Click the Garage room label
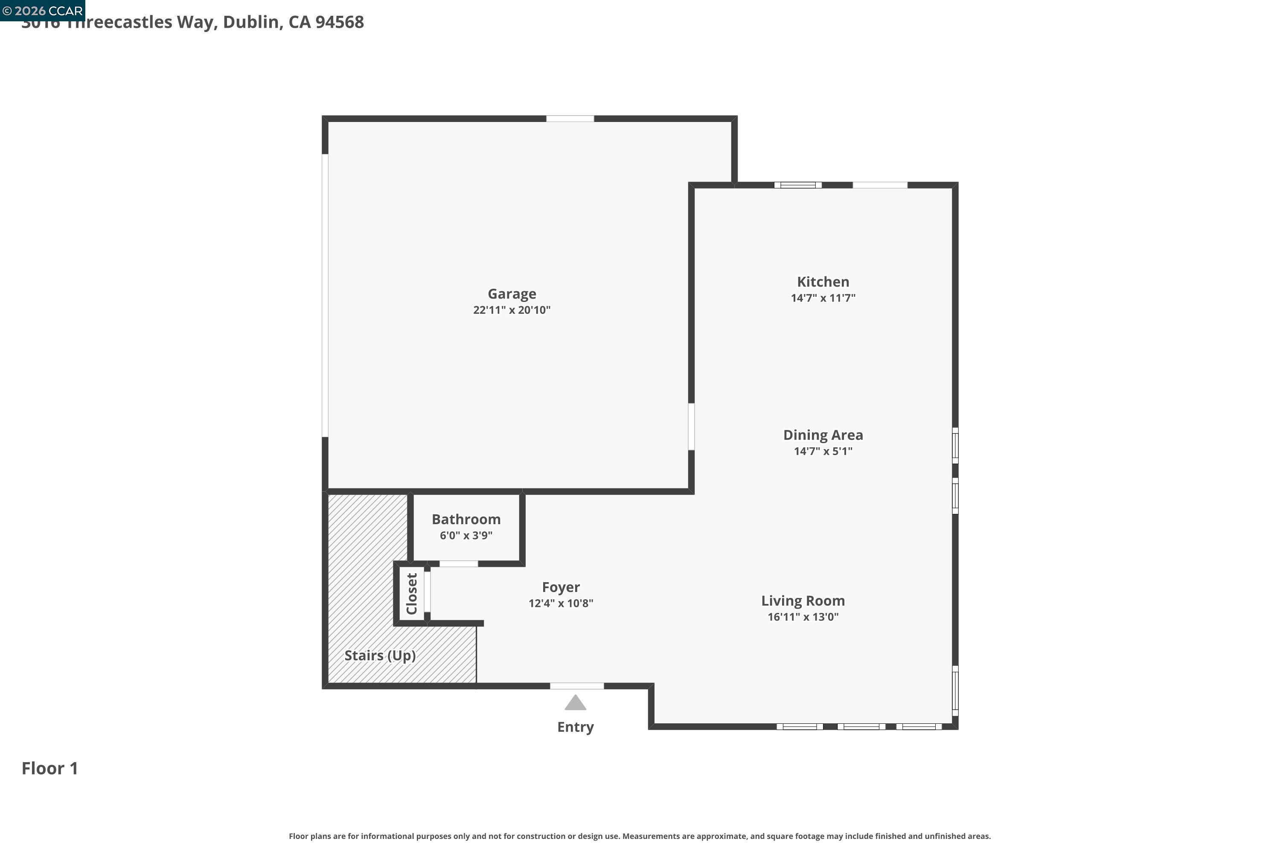point(512,294)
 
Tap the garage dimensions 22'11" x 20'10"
point(512,310)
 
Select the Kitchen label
point(823,282)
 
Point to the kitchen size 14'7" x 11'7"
point(823,298)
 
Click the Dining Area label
point(823,435)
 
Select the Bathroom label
point(466,519)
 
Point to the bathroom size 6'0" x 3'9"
point(466,535)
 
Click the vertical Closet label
point(412,594)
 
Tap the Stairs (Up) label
point(380,655)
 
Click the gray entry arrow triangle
point(575,703)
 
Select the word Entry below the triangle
point(575,727)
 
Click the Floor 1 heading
point(49,768)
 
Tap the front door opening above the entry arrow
point(577,686)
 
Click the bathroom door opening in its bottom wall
point(458,563)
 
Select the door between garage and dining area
point(691,426)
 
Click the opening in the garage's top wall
point(570,119)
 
